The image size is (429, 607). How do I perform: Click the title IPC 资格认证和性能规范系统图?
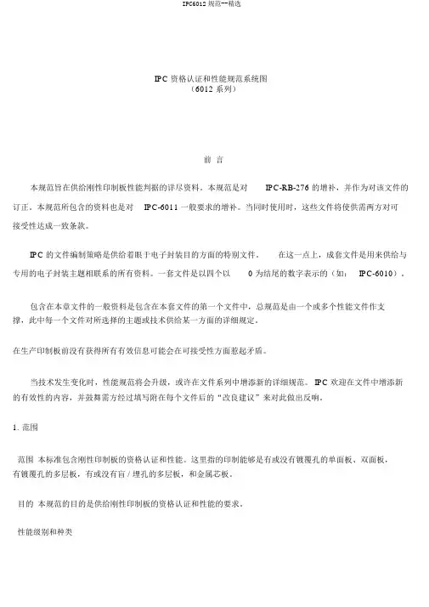[213, 78]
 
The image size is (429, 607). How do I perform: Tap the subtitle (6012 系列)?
[214, 88]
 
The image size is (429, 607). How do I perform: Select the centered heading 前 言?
[214, 159]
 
